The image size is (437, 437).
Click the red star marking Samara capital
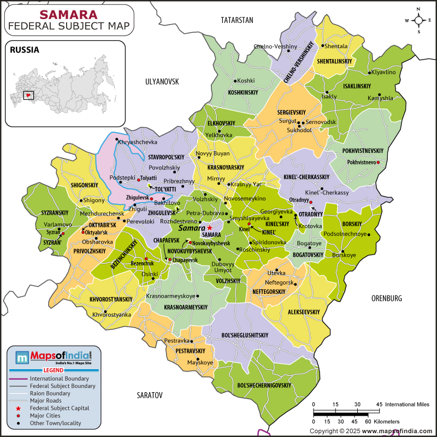click(210, 227)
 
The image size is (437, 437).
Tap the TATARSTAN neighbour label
click(237, 20)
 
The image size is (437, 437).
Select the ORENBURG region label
click(386, 298)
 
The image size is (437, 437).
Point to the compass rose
click(419, 20)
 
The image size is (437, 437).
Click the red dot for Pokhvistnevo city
click(378, 162)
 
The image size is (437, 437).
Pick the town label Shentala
click(337, 46)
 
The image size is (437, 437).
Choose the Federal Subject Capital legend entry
click(60, 408)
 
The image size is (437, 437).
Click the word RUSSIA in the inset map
click(24, 50)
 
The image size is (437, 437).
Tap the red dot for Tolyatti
click(139, 179)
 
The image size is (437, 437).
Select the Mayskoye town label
click(200, 362)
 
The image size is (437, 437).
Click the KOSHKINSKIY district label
click(243, 93)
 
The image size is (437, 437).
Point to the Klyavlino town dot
click(370, 73)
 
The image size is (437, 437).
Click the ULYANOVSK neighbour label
click(162, 81)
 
